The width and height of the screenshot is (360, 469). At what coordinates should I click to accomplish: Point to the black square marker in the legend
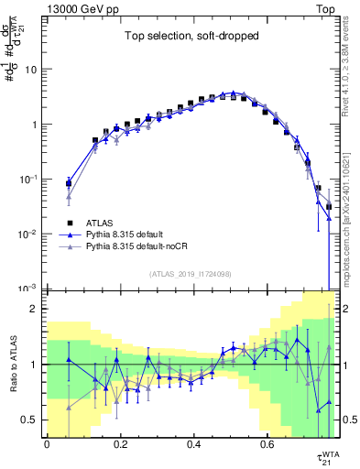pyautogui.click(x=70, y=223)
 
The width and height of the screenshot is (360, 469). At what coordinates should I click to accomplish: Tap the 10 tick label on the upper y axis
pyautogui.click(x=30, y=70)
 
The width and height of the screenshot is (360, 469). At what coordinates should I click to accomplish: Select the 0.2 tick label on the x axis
pyautogui.click(x=120, y=444)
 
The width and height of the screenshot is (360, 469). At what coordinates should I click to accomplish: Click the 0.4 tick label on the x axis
pyautogui.click(x=193, y=444)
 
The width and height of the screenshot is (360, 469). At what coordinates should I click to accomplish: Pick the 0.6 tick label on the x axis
pyautogui.click(x=267, y=444)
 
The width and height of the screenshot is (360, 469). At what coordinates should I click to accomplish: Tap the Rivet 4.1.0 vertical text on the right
pyautogui.click(x=352, y=69)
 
